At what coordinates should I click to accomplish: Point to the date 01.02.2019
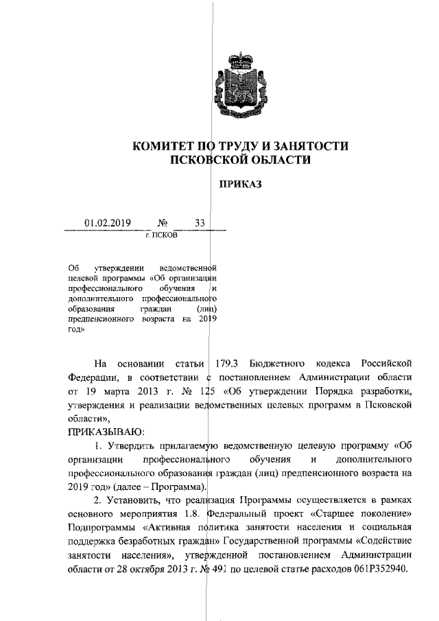click(x=108, y=222)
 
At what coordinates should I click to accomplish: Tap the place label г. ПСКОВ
click(x=161, y=235)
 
